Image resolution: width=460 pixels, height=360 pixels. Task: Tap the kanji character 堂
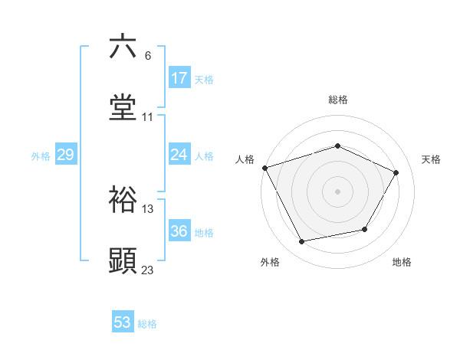tap(123, 107)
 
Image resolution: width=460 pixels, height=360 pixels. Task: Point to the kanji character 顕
tap(123, 260)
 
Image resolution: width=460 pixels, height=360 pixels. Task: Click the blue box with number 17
tap(179, 78)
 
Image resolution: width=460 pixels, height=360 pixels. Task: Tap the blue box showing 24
tap(179, 155)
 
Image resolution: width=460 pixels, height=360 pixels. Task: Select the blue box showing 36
tap(179, 231)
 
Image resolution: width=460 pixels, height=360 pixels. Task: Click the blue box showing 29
tap(65, 155)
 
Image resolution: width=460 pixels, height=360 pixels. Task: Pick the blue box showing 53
tap(123, 322)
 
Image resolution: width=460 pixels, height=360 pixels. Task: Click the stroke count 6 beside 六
tap(148, 56)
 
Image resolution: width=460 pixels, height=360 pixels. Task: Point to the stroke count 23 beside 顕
tap(148, 270)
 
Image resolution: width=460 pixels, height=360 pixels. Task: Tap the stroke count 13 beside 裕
tap(148, 208)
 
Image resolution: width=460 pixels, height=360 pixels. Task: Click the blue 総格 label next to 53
tap(147, 324)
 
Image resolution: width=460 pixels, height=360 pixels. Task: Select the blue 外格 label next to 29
tap(41, 155)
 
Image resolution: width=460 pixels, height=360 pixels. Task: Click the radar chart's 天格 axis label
tap(431, 159)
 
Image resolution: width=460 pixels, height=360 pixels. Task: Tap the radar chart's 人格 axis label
tap(245, 159)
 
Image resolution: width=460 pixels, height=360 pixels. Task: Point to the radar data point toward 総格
tap(337, 146)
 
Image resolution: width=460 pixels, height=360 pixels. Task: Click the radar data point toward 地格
tap(365, 229)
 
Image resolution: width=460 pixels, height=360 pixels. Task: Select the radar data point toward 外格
tap(301, 242)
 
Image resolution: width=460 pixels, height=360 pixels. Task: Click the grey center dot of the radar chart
tap(337, 191)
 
